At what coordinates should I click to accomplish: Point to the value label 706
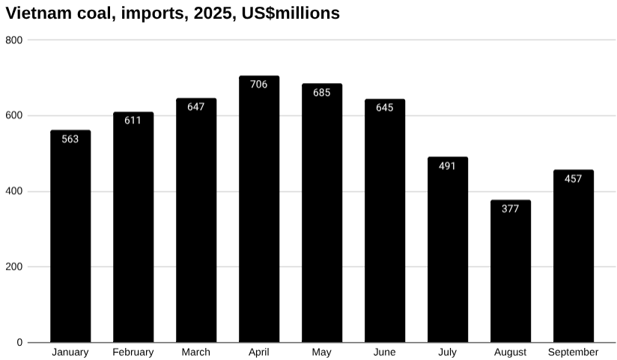[259, 85]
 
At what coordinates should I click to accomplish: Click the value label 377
[511, 209]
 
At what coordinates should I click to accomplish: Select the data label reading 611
[133, 120]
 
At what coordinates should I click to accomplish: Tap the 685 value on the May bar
[322, 93]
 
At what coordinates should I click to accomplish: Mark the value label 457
[574, 179]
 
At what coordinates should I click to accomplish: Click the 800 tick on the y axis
[13, 40]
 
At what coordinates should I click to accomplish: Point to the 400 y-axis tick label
[13, 191]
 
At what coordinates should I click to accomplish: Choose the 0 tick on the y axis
[19, 343]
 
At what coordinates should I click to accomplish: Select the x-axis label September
[574, 353]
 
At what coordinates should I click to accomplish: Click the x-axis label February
[133, 353]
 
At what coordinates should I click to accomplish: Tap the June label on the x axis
[385, 353]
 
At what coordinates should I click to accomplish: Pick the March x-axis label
[196, 353]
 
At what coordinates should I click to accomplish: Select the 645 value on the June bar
[385, 108]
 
